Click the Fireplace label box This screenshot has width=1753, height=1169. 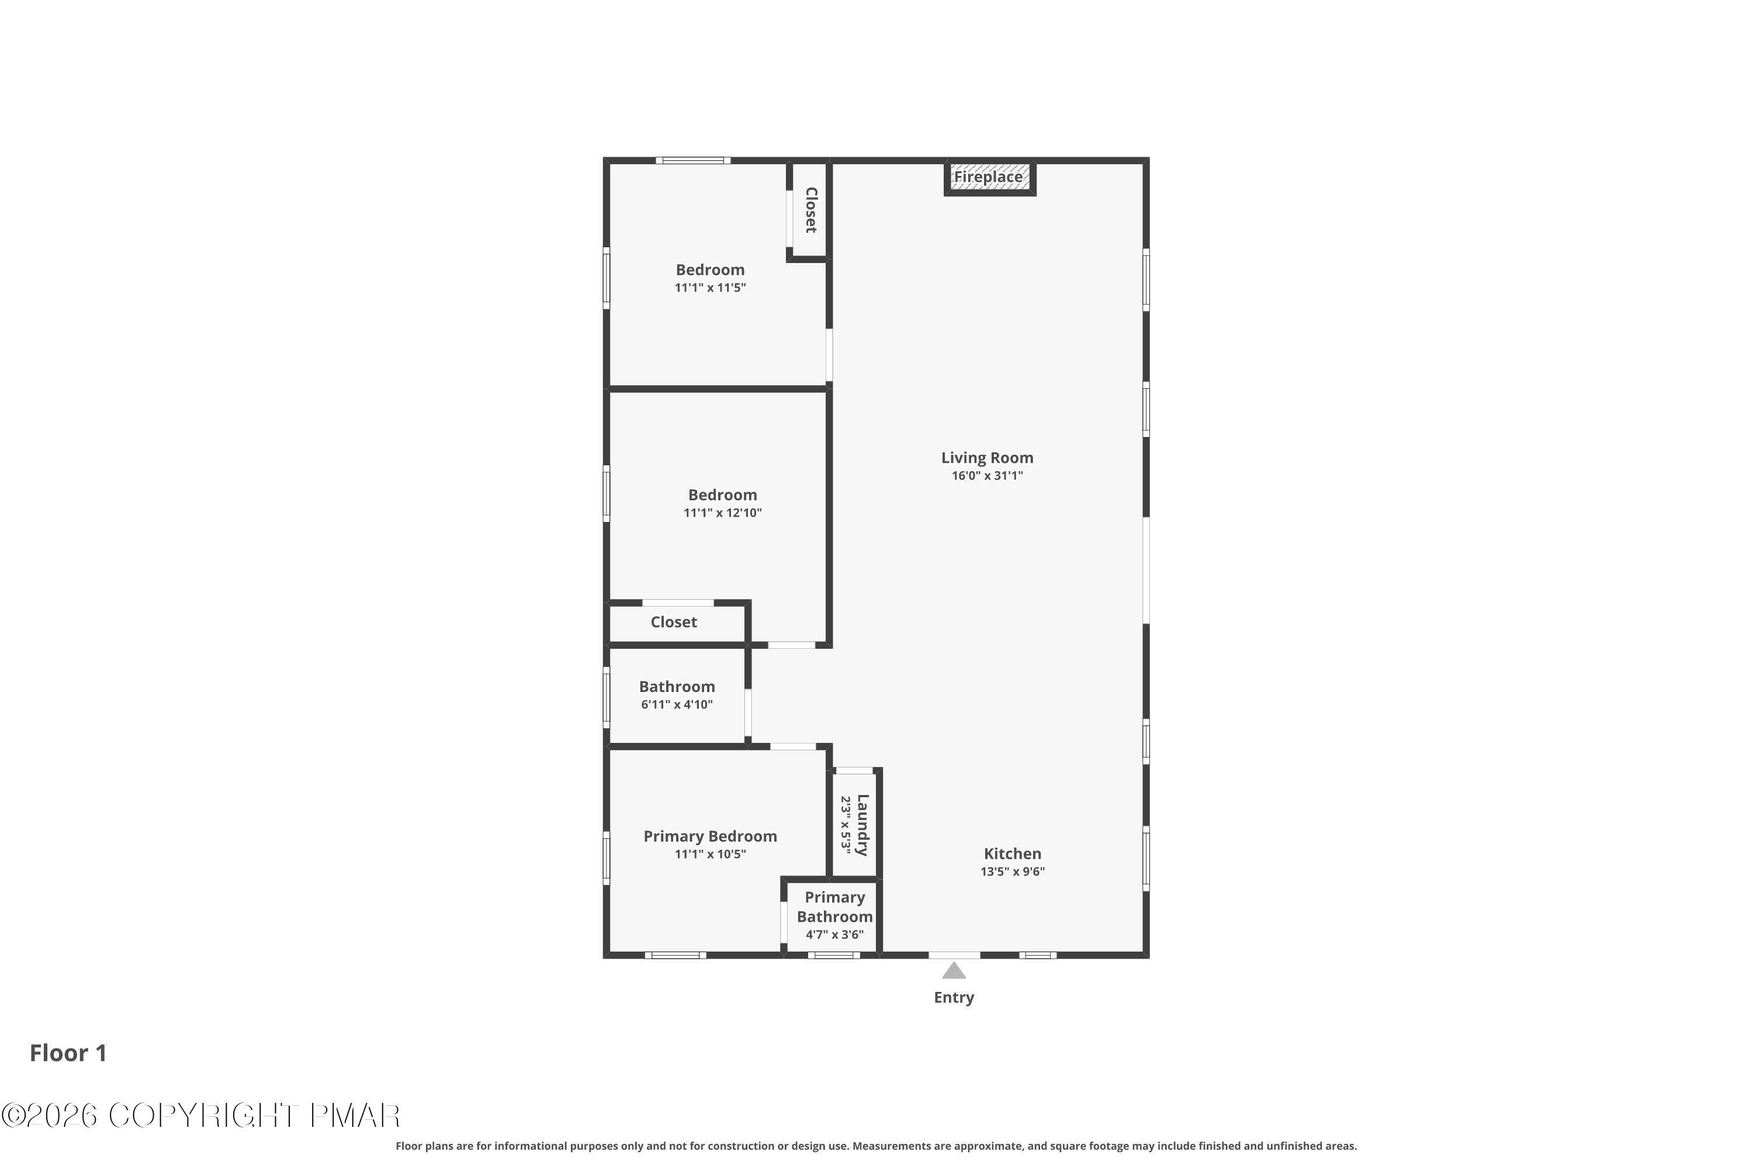tap(989, 178)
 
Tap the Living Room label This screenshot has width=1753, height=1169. tap(987, 458)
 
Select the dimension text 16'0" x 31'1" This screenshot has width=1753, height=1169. tap(987, 476)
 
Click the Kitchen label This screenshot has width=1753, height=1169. tap(1012, 853)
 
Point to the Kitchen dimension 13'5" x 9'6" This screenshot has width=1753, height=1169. tap(1012, 871)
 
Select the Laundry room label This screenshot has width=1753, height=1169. tap(862, 825)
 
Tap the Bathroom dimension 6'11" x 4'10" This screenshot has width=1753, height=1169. tap(677, 704)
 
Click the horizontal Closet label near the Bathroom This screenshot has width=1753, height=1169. tap(673, 622)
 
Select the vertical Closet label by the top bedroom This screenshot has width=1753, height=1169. tap(811, 210)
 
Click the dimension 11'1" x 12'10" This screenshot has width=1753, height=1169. tap(722, 513)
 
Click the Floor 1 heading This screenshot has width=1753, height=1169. tap(68, 1053)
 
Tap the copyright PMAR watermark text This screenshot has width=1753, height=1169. tap(201, 1116)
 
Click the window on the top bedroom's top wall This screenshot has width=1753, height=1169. tap(692, 160)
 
